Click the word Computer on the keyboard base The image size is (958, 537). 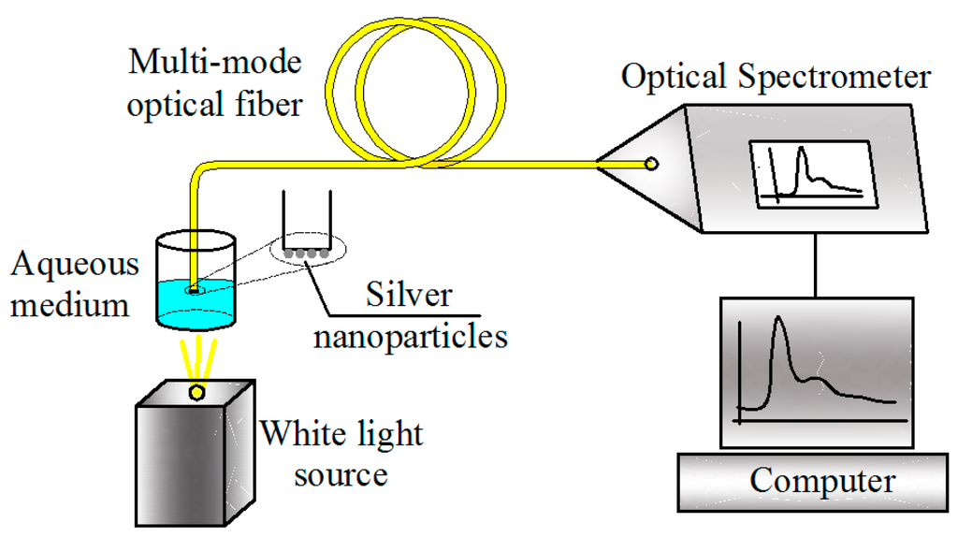click(821, 482)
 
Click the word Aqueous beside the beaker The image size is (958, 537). click(75, 265)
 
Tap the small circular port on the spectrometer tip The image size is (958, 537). click(651, 165)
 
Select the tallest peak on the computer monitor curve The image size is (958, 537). click(776, 324)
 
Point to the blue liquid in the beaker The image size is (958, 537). click(192, 309)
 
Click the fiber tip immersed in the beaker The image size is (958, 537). click(192, 290)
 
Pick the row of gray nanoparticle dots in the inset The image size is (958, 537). click(306, 253)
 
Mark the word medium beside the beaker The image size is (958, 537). click(70, 303)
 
